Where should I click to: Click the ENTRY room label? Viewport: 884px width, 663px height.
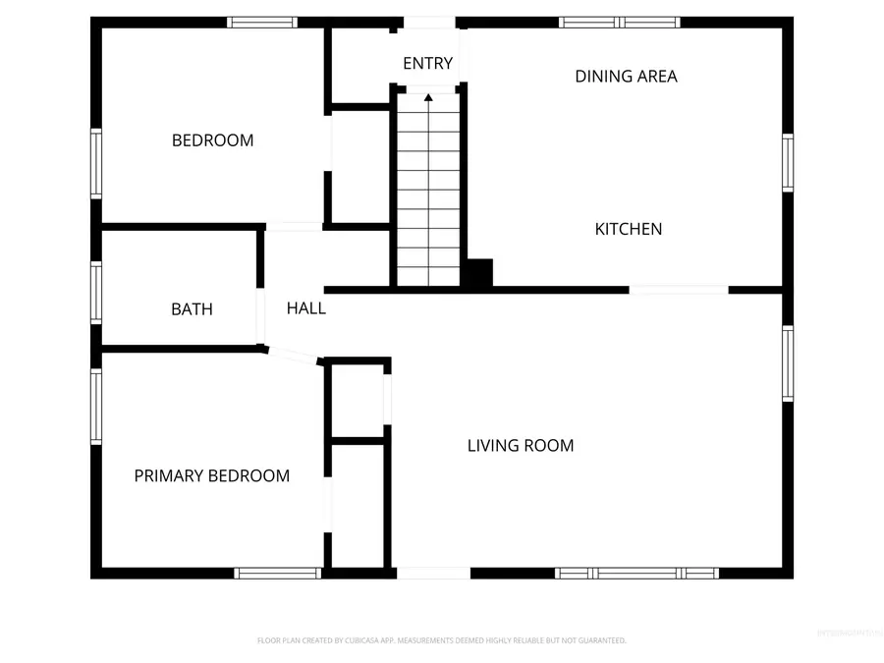click(x=427, y=64)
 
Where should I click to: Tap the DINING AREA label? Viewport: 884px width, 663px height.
click(x=626, y=76)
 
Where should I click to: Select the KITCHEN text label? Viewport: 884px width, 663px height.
click(x=629, y=229)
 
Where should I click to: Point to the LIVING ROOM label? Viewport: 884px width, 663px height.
click(x=520, y=446)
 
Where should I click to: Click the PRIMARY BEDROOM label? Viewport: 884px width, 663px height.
click(x=211, y=476)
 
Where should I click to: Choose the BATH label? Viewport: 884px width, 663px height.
click(x=192, y=309)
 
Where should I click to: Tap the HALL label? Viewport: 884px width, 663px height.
click(x=305, y=308)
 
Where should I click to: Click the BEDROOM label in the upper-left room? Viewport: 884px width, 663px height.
click(x=212, y=140)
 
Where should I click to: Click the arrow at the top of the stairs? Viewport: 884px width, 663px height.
click(x=428, y=97)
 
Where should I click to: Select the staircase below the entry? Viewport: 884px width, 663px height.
click(x=428, y=196)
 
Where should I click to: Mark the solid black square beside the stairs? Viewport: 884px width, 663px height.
click(x=478, y=274)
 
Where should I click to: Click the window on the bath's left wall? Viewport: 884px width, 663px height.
click(x=96, y=293)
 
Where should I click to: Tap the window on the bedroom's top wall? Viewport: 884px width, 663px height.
click(x=261, y=22)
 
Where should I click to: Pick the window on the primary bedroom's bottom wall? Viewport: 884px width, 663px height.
click(x=278, y=573)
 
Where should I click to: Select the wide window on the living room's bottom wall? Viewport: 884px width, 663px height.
click(x=636, y=573)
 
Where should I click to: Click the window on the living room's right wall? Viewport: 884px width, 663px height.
click(x=788, y=363)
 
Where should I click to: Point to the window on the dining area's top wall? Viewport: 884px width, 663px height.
click(x=620, y=22)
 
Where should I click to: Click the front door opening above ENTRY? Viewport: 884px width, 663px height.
click(x=429, y=23)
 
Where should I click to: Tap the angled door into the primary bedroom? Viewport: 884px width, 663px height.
click(x=292, y=356)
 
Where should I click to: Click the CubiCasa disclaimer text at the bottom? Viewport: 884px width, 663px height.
click(x=441, y=640)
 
